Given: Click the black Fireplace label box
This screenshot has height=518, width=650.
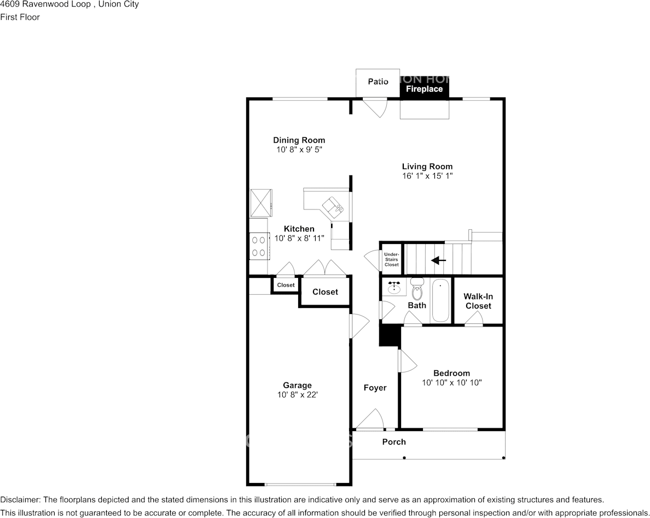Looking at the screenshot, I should (x=424, y=89).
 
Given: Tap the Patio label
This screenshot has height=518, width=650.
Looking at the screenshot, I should (x=378, y=82).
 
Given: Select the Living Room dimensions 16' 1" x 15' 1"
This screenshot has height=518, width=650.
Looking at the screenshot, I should (x=427, y=176).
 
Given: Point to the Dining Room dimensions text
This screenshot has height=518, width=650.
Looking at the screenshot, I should (x=299, y=149).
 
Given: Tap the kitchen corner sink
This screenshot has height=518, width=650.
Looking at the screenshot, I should (x=333, y=206).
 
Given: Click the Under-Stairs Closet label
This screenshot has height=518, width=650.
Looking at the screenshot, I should (x=391, y=259).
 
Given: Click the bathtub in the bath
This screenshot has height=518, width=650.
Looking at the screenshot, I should (x=440, y=301).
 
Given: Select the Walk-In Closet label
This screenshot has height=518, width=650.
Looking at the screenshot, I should (x=478, y=301).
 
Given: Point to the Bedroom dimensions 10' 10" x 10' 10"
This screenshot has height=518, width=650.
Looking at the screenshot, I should (x=451, y=383).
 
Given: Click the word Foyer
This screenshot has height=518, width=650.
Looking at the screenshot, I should (x=375, y=388).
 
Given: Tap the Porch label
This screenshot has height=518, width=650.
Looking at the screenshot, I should (x=394, y=441).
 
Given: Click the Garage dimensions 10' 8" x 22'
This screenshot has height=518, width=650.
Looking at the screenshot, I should (x=297, y=394).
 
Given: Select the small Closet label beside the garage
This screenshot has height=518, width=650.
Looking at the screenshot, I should (x=286, y=285).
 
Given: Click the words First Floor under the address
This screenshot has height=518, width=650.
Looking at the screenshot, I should (x=20, y=17).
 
